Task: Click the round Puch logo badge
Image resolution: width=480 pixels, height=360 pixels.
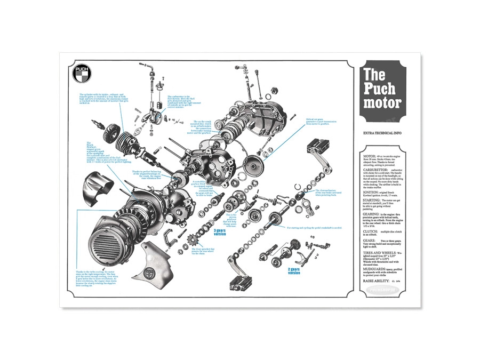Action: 82,76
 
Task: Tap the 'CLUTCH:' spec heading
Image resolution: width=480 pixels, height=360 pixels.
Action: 371,233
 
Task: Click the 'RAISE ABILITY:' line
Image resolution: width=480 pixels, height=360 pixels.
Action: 377,280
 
